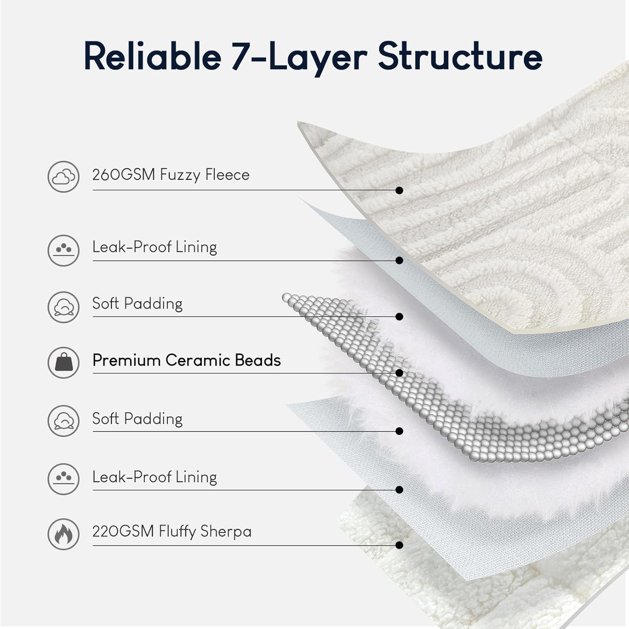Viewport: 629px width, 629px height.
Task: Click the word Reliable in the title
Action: (152, 57)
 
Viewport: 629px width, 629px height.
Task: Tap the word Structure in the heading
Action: (460, 57)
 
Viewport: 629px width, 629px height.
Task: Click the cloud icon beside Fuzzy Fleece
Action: (63, 177)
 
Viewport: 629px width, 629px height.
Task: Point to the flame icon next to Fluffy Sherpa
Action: (63, 534)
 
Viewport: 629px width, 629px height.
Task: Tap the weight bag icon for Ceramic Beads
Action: (63, 362)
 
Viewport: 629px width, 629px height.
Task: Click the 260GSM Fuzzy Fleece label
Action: (171, 175)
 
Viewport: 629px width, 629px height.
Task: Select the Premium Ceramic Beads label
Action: (187, 360)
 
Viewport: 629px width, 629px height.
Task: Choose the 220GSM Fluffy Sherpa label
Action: (172, 531)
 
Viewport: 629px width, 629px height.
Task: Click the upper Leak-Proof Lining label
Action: (154, 247)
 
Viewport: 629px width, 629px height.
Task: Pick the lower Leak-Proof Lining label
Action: (154, 477)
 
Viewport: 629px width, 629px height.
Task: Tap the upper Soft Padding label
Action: (137, 304)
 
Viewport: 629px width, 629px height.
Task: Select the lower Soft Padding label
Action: (137, 419)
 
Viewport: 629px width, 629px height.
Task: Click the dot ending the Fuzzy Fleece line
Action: (399, 190)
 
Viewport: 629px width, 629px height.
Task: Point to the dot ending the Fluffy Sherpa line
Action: (399, 545)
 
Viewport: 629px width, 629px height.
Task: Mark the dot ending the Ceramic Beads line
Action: (399, 373)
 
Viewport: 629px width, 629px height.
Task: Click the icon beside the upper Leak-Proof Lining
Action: (63, 250)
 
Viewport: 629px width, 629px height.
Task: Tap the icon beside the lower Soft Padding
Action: (63, 421)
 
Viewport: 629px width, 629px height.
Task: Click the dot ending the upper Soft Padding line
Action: (399, 317)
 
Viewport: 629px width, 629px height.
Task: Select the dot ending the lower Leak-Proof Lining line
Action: (399, 490)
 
